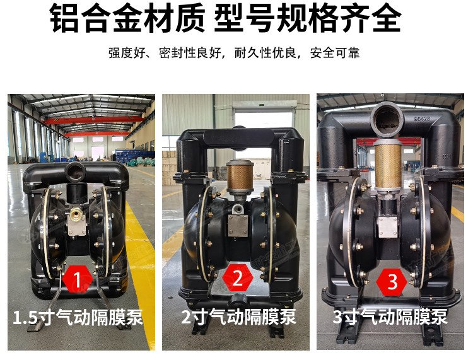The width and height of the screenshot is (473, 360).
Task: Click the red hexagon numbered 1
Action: point(78,279)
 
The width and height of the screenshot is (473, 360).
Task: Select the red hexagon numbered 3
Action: point(392,282)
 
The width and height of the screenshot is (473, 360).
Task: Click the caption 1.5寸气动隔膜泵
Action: point(78,317)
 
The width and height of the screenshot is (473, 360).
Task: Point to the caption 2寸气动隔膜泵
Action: point(238,316)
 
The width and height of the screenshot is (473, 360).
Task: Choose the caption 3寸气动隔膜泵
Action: point(390,316)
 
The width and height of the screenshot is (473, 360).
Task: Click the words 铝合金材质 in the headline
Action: point(127,19)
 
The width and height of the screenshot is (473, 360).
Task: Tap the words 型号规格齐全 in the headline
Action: point(308,19)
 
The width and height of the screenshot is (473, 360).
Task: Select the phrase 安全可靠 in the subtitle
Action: point(335,53)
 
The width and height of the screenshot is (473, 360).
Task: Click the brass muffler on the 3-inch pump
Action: point(388,165)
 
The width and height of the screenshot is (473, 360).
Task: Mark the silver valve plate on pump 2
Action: point(238,226)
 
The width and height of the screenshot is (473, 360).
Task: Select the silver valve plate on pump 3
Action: point(388,228)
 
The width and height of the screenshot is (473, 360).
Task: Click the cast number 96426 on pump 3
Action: point(422,119)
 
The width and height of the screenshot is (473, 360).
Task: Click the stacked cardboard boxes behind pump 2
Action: point(170,168)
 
